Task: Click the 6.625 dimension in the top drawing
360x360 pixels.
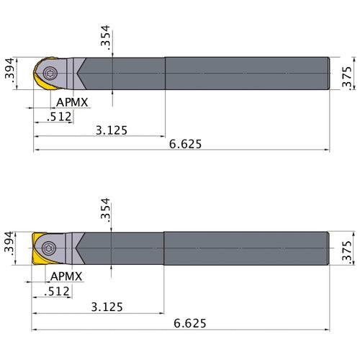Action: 186,143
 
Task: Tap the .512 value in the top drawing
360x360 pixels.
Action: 60,115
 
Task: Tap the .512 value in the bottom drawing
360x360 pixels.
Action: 58,291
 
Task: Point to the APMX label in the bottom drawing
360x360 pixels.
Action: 68,276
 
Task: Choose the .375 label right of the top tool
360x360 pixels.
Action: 347,73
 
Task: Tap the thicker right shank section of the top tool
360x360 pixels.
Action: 248,73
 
